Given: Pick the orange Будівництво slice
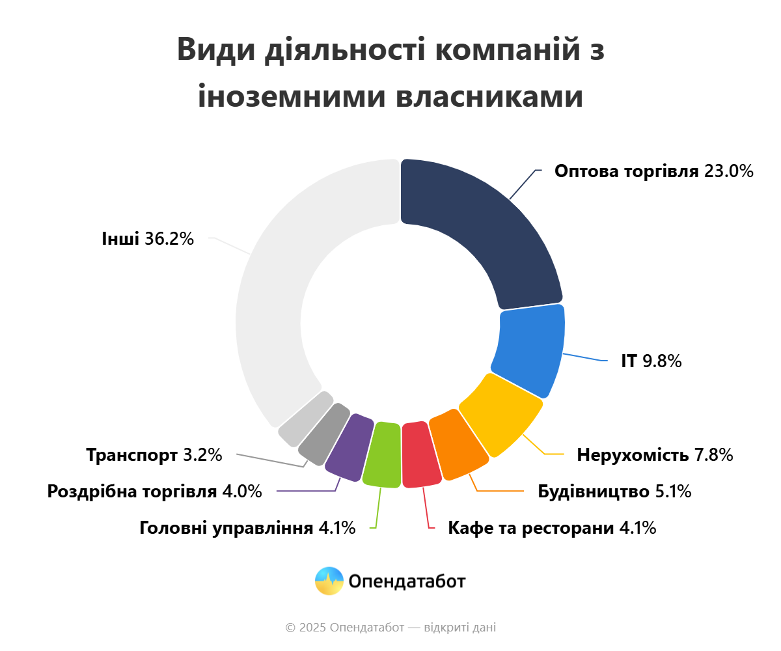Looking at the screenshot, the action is tap(458, 445).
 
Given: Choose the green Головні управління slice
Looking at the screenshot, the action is tap(382, 455).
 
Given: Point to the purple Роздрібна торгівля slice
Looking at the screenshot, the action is tap(349, 447).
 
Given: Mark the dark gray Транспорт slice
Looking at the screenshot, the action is tap(324, 434).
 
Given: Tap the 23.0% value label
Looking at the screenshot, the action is tap(729, 171).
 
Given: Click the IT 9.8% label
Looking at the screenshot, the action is tap(651, 361).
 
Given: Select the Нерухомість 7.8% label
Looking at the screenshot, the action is tap(655, 454).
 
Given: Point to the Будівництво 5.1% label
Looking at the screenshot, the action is tap(614, 492).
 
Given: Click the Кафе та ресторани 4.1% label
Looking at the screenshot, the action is tap(552, 528).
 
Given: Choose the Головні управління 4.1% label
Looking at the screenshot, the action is tap(247, 528).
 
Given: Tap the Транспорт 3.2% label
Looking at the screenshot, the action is tap(154, 454).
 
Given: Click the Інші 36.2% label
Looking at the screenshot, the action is tap(148, 239).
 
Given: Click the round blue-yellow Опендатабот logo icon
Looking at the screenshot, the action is tap(329, 581).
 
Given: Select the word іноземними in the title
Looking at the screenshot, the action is tap(292, 96).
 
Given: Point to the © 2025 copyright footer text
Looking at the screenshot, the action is tap(390, 628).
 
